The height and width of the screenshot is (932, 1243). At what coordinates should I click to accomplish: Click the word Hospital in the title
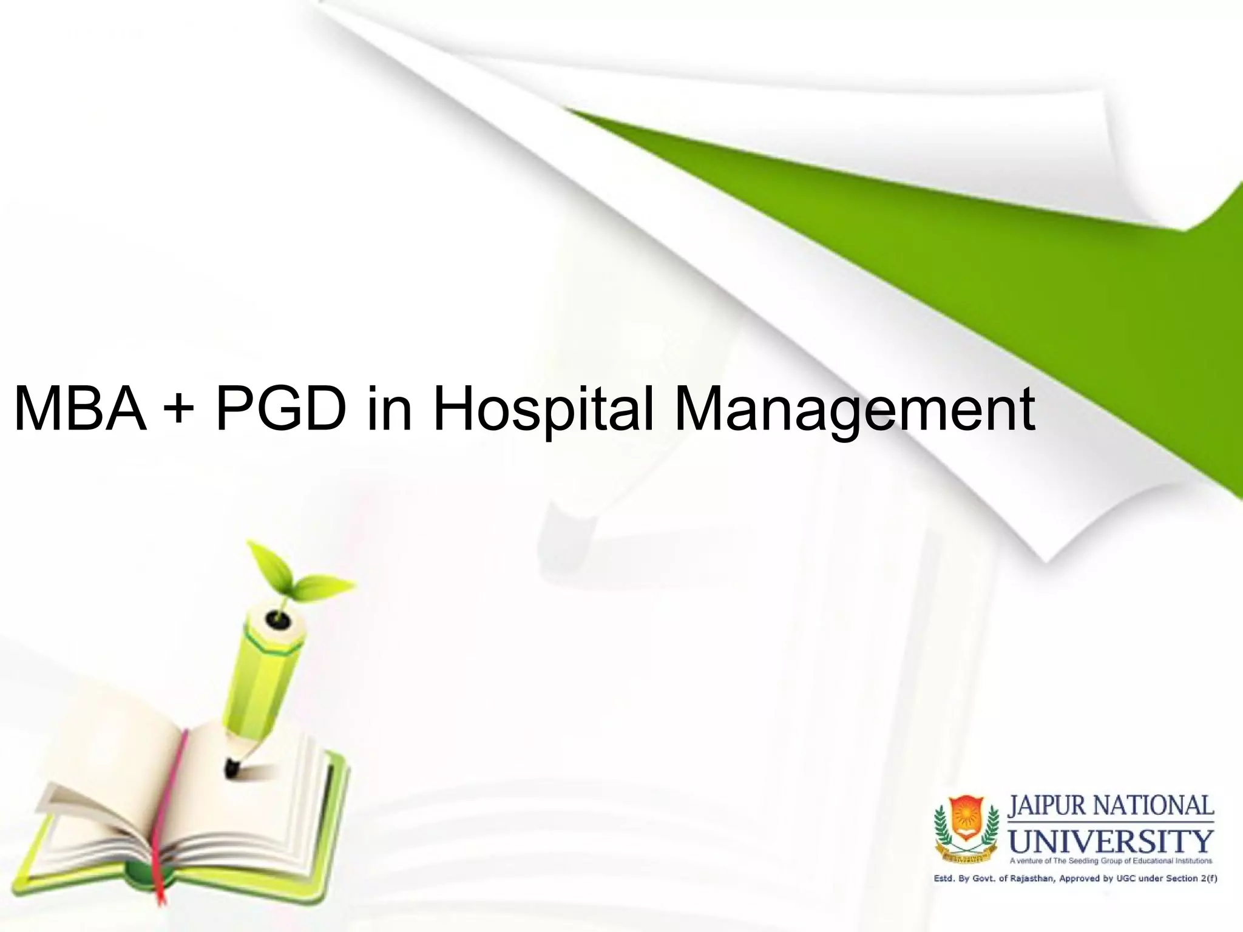click(x=543, y=411)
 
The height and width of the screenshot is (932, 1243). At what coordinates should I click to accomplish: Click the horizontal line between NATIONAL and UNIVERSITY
click(x=1111, y=822)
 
